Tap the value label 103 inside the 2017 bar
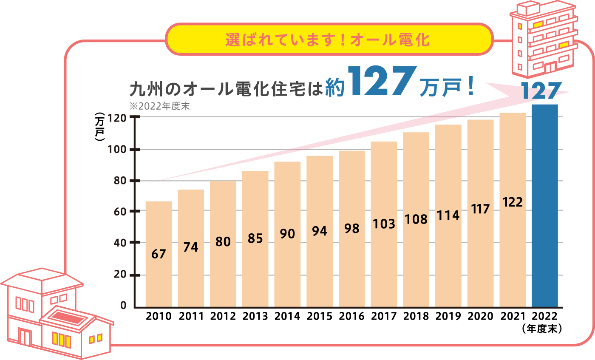[384, 224]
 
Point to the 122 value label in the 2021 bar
[512, 202]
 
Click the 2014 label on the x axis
[287, 317]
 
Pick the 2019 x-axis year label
[448, 317]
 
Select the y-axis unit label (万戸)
[100, 127]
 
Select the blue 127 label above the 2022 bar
[545, 92]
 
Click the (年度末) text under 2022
[545, 329]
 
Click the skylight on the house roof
[68, 317]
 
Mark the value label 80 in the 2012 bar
[223, 242]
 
